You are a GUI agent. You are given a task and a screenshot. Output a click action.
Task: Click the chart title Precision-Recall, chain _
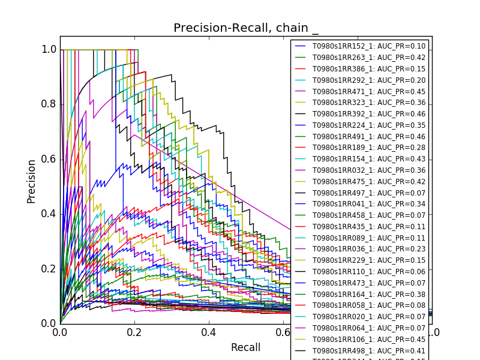coord(246,28)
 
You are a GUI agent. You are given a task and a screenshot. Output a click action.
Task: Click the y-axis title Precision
coord(31,181)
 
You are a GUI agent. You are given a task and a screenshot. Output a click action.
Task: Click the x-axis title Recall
coord(246,347)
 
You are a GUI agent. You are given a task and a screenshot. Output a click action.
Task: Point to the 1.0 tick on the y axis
coord(49,50)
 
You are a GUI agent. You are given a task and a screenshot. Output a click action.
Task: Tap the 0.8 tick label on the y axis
coord(49,104)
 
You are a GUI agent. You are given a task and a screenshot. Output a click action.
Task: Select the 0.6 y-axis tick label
coord(49,159)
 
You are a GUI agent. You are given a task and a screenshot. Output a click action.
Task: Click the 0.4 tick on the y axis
coord(49,214)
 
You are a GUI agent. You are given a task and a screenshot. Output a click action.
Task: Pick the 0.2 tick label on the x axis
coord(134,332)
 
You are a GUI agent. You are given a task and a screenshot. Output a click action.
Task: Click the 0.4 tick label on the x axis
coord(209,332)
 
